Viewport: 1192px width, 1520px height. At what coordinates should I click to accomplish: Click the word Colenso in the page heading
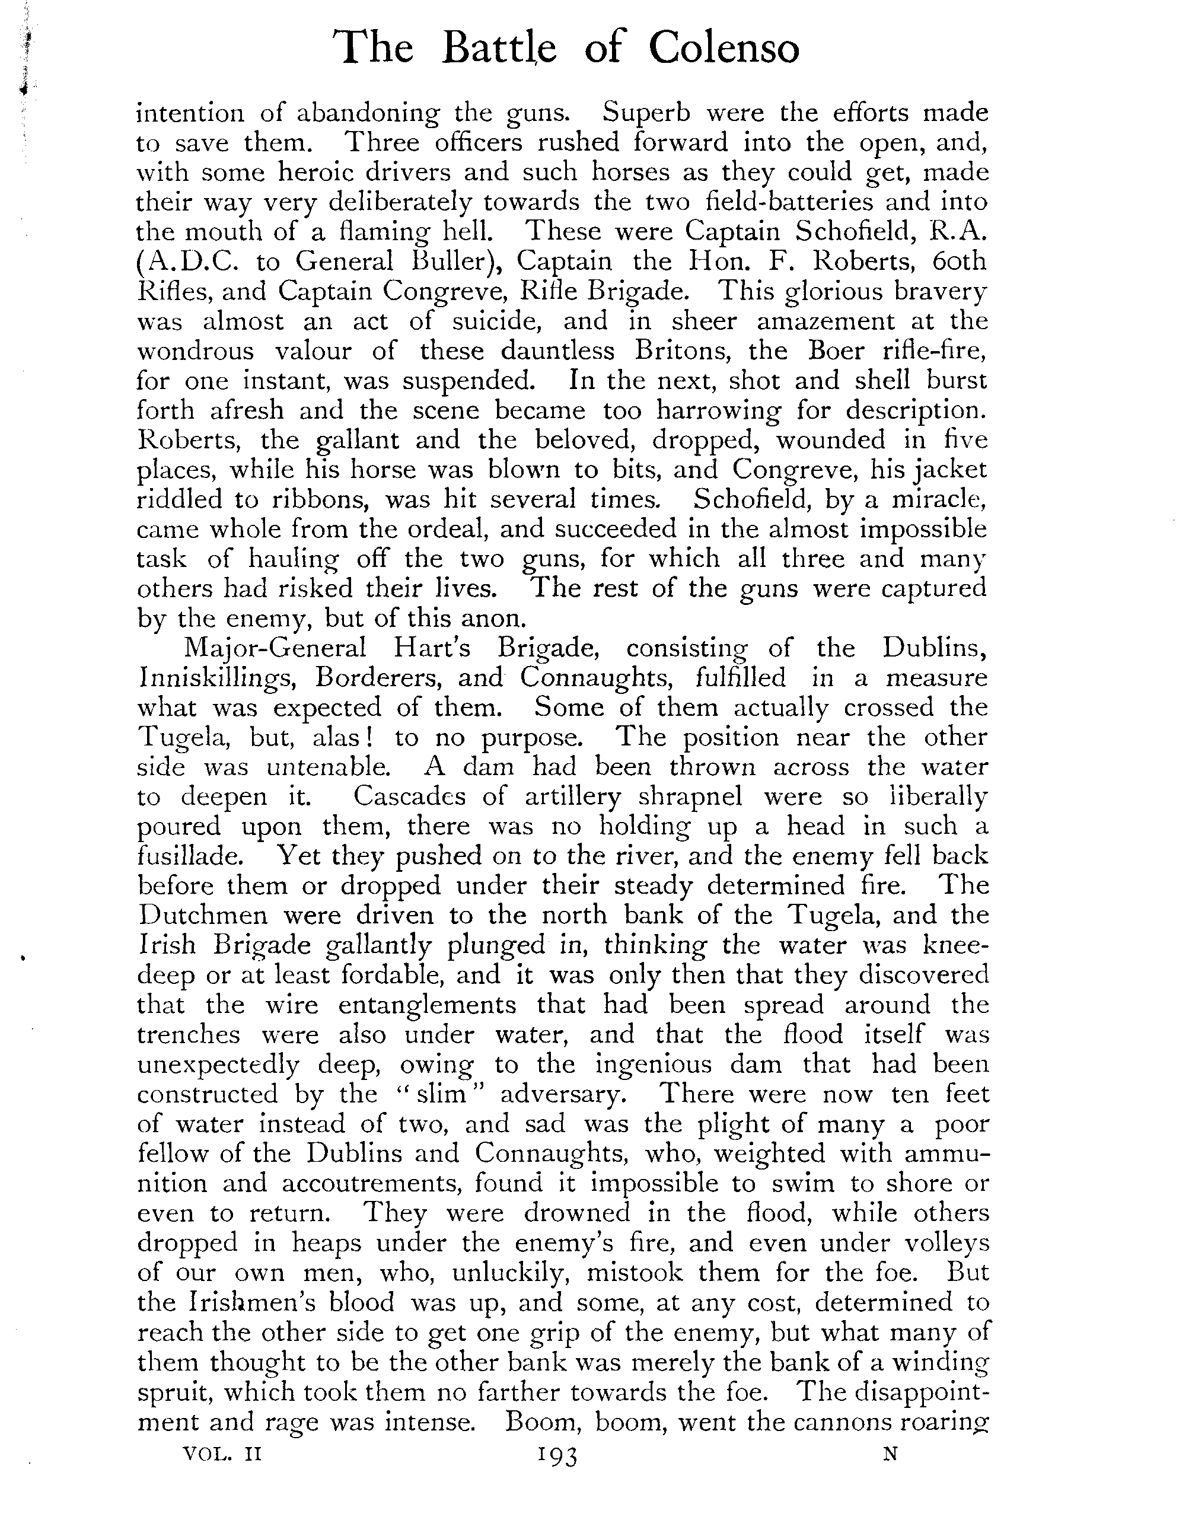pyautogui.click(x=723, y=49)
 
